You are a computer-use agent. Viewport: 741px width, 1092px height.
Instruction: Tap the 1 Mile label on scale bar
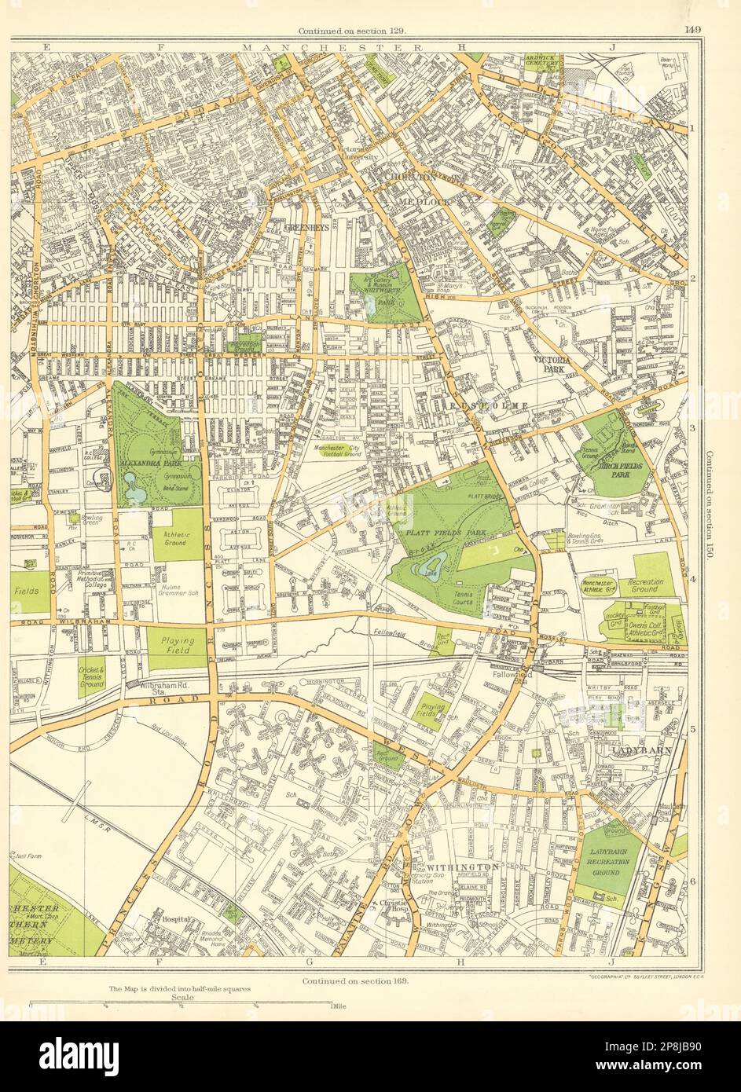pos(339,1006)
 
